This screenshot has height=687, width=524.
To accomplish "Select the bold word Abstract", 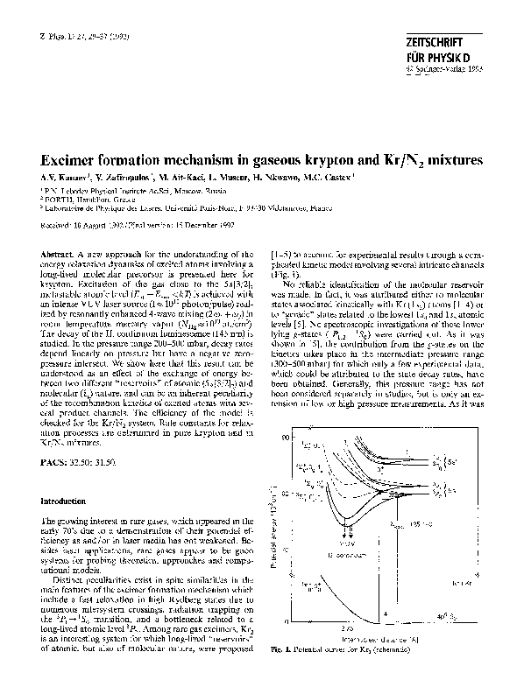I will (56, 252).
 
